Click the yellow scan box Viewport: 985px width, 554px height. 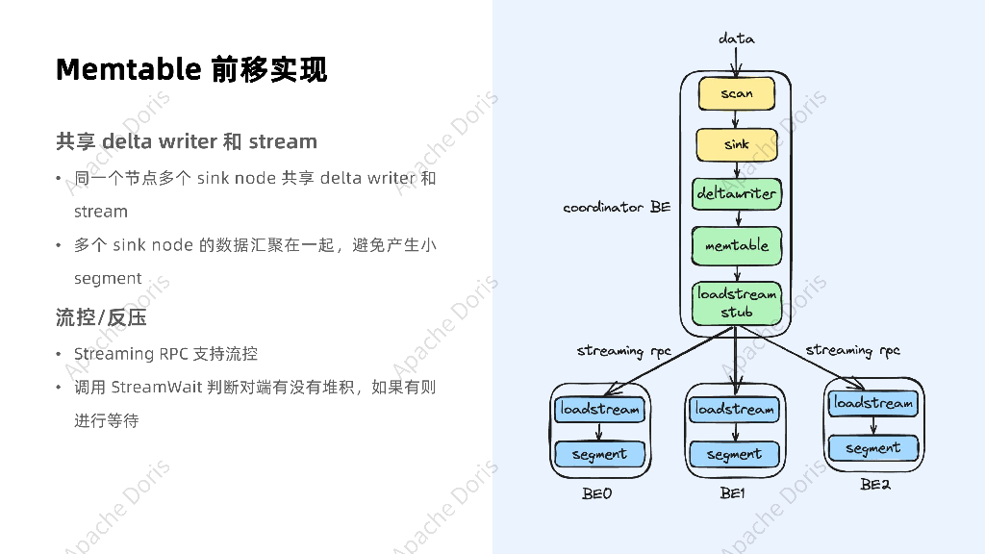(x=736, y=93)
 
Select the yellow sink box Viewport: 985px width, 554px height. (x=736, y=144)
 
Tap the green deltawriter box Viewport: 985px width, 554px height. (x=736, y=194)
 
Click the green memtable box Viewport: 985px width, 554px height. (x=736, y=246)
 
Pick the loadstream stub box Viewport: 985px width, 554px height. (x=736, y=303)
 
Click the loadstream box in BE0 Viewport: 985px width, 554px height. (x=599, y=410)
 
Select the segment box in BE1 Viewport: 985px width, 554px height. (x=734, y=454)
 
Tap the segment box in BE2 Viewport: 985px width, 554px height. (x=873, y=448)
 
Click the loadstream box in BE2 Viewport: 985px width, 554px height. (x=873, y=403)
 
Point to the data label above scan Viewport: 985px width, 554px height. (x=737, y=38)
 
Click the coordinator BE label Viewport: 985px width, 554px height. (x=617, y=207)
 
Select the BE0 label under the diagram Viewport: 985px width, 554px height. (x=596, y=493)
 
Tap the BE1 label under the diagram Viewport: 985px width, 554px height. (x=733, y=493)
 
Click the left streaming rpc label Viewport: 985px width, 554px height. (x=623, y=351)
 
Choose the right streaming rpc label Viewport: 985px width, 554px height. (x=852, y=350)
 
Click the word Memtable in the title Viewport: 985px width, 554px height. (x=128, y=70)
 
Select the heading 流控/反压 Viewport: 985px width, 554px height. (x=101, y=317)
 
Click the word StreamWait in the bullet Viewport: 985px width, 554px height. (x=156, y=388)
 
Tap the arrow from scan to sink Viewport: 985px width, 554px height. (x=736, y=119)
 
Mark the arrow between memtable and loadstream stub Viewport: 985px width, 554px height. (x=736, y=273)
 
